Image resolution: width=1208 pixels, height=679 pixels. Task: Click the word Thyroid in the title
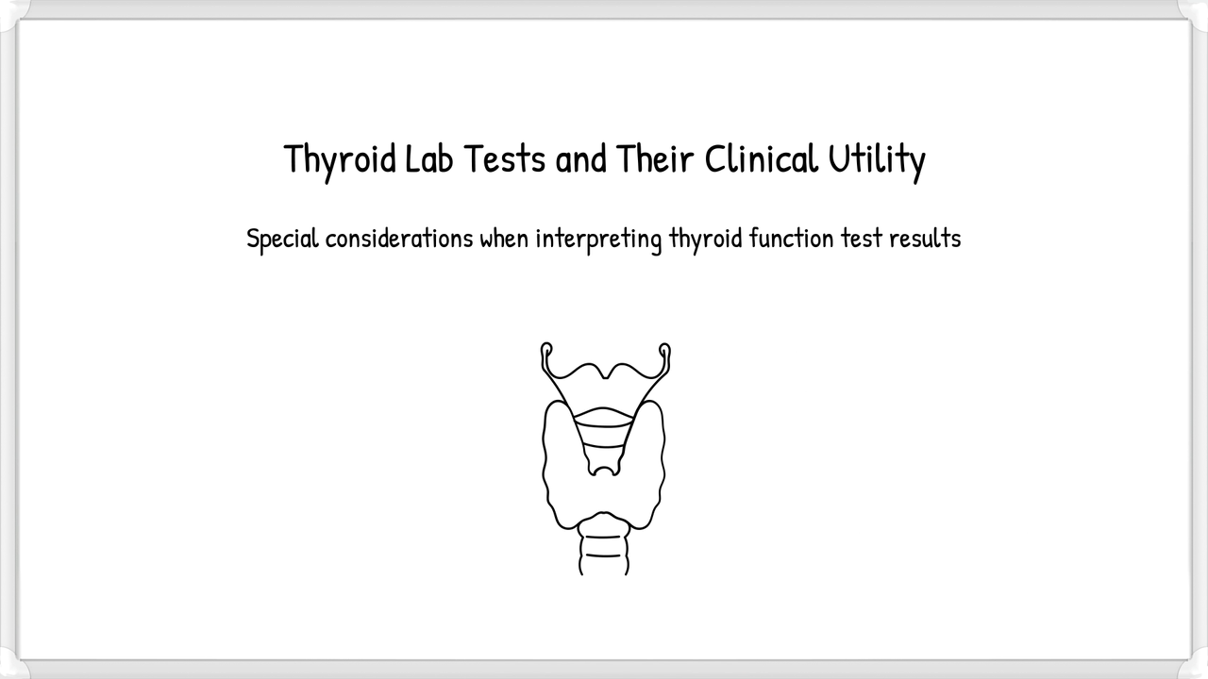click(341, 159)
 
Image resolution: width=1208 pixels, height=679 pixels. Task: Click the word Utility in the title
click(877, 159)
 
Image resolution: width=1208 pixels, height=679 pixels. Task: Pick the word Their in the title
click(655, 159)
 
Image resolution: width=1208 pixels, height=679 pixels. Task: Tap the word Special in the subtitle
click(281, 239)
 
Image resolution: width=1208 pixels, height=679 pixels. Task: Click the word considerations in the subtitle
click(397, 239)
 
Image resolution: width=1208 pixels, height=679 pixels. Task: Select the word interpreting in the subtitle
click(598, 239)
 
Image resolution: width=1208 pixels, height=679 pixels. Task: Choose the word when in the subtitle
click(504, 239)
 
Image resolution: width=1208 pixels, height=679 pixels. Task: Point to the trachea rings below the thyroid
click(603, 547)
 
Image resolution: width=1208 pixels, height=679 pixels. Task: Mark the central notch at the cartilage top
click(605, 373)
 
